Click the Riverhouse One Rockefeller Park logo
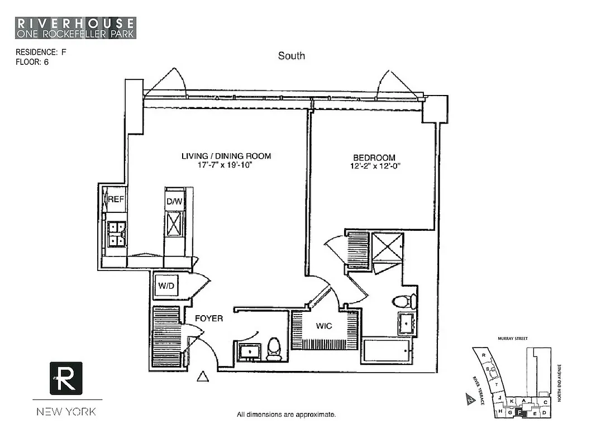tap(76, 28)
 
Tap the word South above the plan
tap(292, 55)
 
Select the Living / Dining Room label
tap(226, 156)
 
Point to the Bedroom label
tap(374, 158)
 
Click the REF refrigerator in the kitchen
tap(116, 198)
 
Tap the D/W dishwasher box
tap(175, 201)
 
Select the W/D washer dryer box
tap(165, 286)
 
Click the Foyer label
tap(208, 318)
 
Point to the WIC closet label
tap(324, 325)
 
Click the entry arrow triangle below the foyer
tap(203, 378)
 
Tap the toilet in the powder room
tap(274, 349)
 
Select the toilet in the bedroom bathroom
tap(404, 302)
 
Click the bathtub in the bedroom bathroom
tap(388, 351)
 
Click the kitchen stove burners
tap(117, 234)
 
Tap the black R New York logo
tap(66, 378)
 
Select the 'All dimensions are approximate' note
tap(286, 415)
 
